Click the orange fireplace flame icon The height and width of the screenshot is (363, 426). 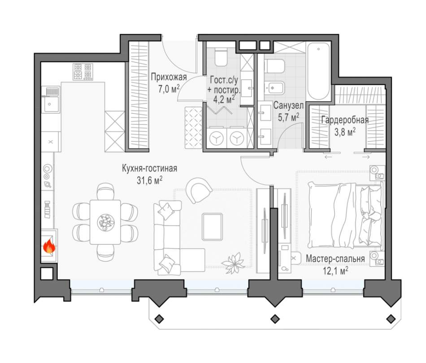tap(49, 246)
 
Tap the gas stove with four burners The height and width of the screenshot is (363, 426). tap(83, 71)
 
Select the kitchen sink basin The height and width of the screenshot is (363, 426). tap(51, 105)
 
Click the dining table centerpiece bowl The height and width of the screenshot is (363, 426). tap(105, 222)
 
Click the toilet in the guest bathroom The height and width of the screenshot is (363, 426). tap(221, 57)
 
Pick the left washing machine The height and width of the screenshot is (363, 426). tap(217, 138)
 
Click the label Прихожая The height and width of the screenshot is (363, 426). tap(169, 77)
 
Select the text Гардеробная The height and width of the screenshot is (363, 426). tap(345, 120)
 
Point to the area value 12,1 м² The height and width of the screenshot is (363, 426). tap(335, 271)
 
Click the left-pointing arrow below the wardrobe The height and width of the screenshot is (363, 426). tap(328, 157)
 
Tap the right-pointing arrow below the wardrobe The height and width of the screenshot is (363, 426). tap(365, 157)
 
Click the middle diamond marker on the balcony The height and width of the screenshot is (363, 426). tap(275, 319)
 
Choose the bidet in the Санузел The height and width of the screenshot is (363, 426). tap(275, 88)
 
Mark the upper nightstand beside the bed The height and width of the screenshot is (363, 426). tap(377, 173)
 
